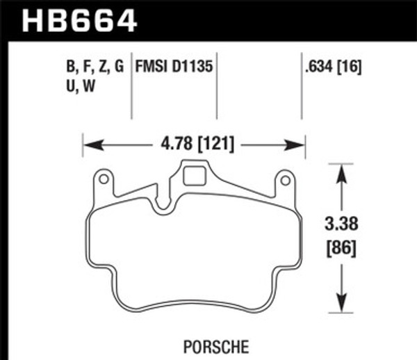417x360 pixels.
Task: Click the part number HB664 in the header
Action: point(79,22)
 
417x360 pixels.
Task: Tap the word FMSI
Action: point(152,66)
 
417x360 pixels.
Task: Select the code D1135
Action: point(193,66)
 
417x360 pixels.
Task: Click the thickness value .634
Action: point(319,67)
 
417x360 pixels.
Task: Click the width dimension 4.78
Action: point(177,144)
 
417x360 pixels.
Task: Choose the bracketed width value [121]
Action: point(216,145)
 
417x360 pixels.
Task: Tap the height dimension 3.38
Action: point(341,224)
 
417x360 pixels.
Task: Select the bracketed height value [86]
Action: point(341,248)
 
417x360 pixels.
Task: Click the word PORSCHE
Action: point(216,347)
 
